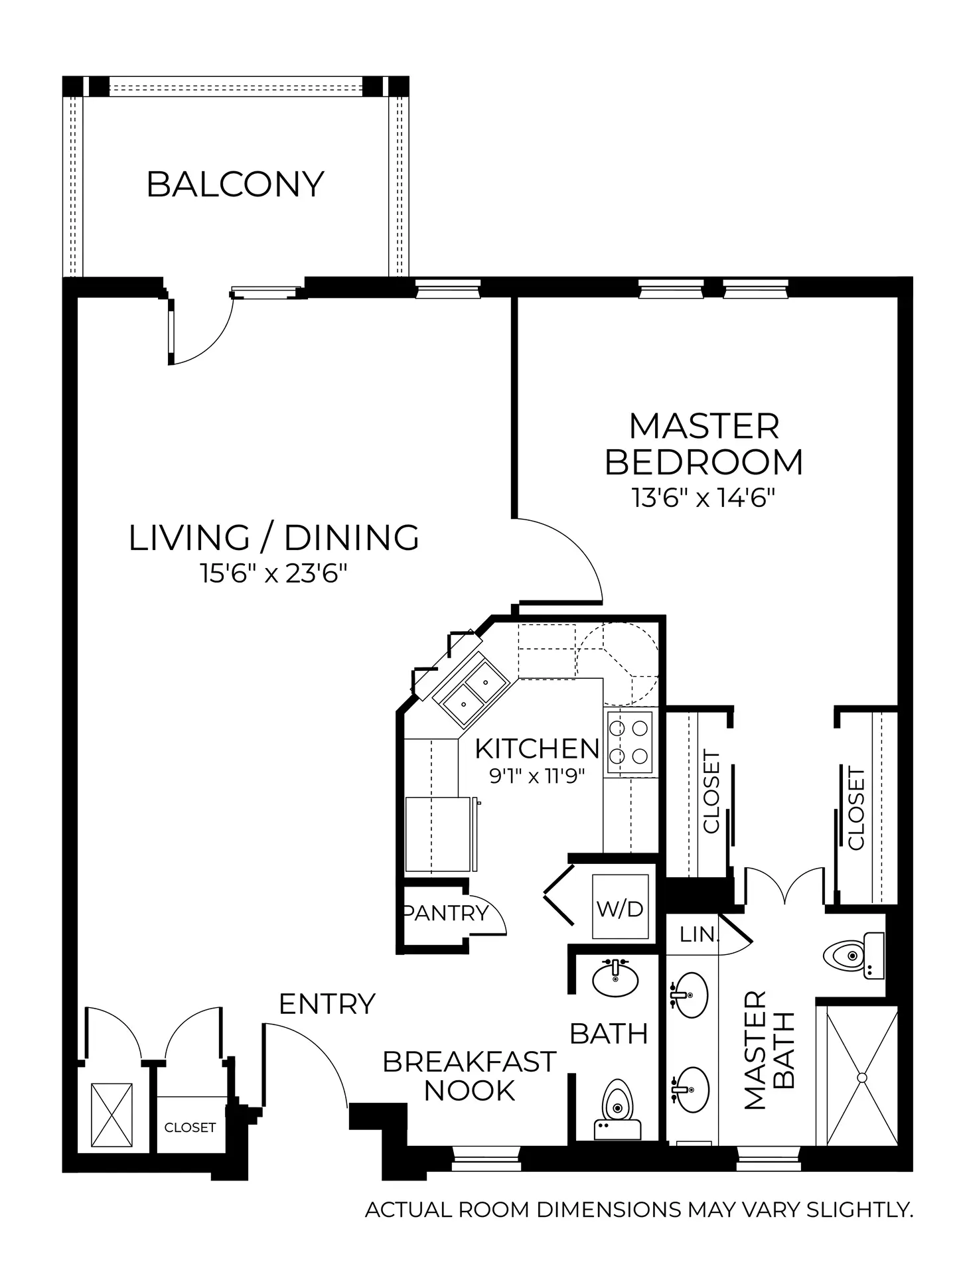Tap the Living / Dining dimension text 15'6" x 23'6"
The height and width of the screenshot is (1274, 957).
[274, 573]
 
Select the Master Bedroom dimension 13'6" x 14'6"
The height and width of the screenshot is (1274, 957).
[704, 498]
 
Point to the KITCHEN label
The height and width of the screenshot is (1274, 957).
[537, 748]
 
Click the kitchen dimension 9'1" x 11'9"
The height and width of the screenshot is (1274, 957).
[536, 776]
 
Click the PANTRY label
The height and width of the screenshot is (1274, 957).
[446, 913]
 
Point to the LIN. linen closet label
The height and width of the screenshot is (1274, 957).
[699, 935]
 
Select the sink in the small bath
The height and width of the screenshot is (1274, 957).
[615, 979]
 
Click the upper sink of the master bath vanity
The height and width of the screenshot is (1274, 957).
[690, 995]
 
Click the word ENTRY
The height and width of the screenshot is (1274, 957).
[327, 1004]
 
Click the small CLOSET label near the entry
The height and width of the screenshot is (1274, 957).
[190, 1127]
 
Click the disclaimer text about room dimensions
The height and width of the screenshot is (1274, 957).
[639, 1210]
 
